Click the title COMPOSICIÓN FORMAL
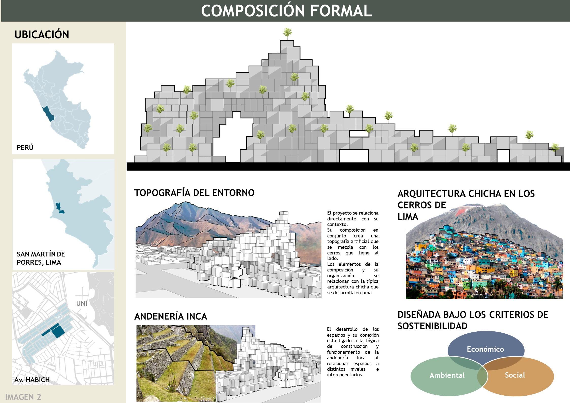coord(286,11)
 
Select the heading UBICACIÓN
coord(42,35)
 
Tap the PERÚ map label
coord(25,147)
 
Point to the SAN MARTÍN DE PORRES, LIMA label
coord(41,258)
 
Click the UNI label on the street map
coord(82,303)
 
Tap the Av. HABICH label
coord(32,380)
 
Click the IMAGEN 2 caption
coord(23,397)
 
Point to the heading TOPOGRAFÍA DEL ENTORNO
coord(194,193)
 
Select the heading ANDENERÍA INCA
coord(171,316)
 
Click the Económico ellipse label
coord(485,349)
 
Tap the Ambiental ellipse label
coord(447,375)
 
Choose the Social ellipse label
coord(515,375)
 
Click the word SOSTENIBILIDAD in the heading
coord(432,326)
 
